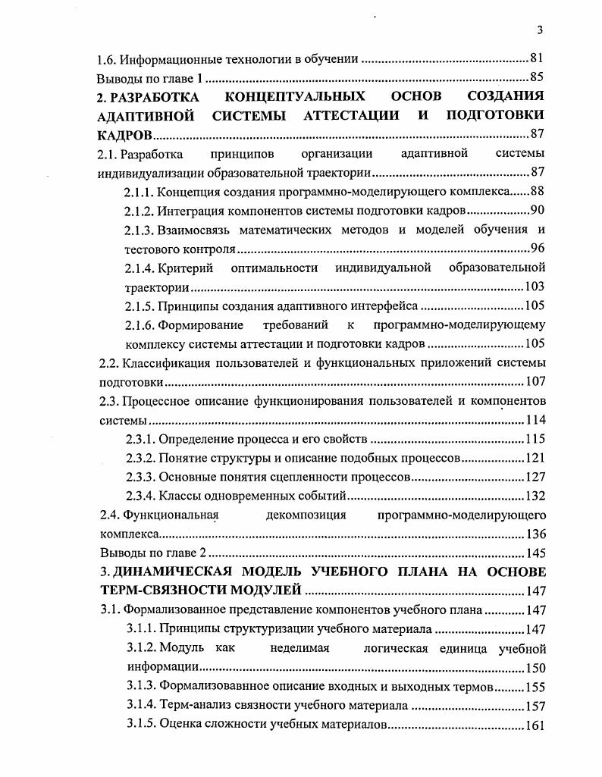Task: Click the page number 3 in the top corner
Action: click(x=539, y=30)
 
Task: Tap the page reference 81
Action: click(x=537, y=58)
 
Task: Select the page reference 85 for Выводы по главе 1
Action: click(x=537, y=77)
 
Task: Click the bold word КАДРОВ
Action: click(x=125, y=136)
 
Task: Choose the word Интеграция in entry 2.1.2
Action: click(x=189, y=210)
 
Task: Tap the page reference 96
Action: click(x=537, y=249)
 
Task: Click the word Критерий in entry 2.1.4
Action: click(x=183, y=268)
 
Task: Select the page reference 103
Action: click(x=535, y=287)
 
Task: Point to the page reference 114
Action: click(x=535, y=421)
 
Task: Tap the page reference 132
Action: click(x=535, y=497)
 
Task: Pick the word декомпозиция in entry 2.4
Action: click(x=307, y=515)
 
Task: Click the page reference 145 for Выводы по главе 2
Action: click(x=535, y=553)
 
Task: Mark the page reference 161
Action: click(x=535, y=725)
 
